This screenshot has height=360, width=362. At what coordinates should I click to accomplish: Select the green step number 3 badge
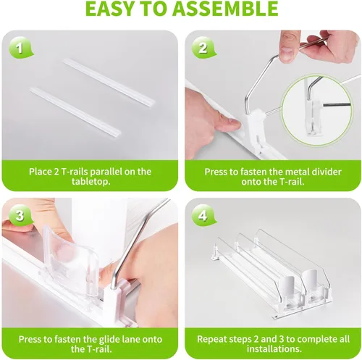point(20,216)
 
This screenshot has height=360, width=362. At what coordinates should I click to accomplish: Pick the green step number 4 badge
point(203,216)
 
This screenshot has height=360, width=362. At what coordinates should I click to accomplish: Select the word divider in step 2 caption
point(327,172)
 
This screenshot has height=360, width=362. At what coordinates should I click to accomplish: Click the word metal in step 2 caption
point(297,172)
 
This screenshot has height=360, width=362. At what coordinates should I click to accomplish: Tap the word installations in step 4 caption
point(273,349)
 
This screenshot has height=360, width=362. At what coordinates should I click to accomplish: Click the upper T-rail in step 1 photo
point(109,82)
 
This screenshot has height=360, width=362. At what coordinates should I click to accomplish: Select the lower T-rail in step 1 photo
point(75,112)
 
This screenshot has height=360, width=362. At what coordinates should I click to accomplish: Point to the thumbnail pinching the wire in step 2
point(287,51)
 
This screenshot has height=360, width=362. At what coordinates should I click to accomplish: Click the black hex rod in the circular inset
point(337,104)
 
